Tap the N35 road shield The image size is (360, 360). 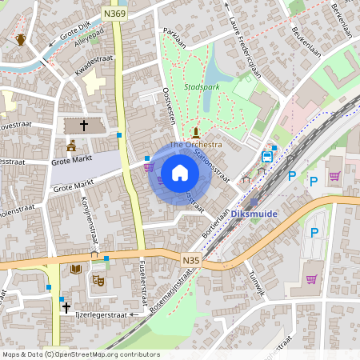tap(190, 260)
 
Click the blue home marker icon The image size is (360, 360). tap(180, 173)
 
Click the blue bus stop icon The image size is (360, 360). tap(274, 148)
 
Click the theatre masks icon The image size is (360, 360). tap(98, 280)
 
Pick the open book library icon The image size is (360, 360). tap(75, 270)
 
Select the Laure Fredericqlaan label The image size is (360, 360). tap(245, 45)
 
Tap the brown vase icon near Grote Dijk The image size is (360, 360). tap(20, 38)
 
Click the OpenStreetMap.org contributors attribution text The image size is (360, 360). tap(105, 354)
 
